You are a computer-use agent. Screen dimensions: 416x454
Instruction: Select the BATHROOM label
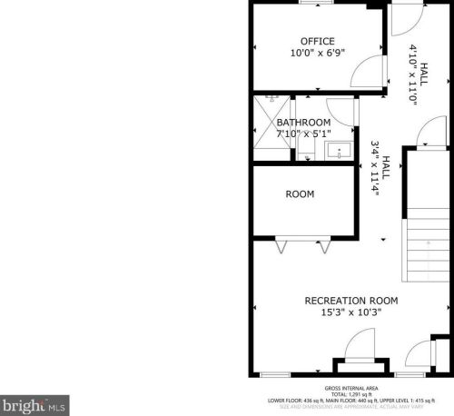(303, 123)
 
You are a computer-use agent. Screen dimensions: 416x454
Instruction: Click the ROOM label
(300, 194)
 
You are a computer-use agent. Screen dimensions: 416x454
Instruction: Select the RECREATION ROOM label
(350, 301)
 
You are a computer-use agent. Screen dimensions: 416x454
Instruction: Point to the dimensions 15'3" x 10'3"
(350, 312)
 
